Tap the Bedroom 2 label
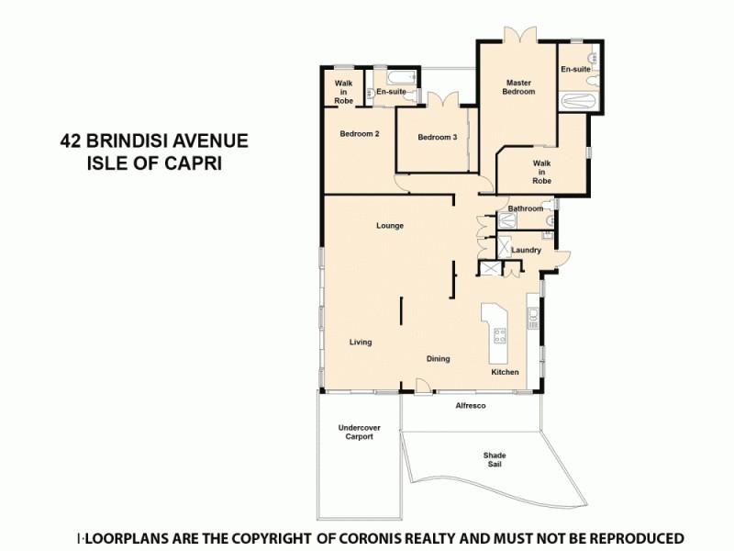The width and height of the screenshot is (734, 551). (360, 134)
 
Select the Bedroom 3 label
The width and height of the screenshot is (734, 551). (437, 138)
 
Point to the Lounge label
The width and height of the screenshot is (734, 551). (390, 226)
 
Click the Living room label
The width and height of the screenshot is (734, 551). (361, 343)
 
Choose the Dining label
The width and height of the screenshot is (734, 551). (438, 358)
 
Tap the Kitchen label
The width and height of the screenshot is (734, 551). (505, 372)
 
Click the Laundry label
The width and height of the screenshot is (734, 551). (526, 250)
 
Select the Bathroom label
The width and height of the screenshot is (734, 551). (526, 208)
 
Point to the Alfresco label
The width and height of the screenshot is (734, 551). (471, 405)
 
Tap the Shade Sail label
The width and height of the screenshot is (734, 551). (495, 460)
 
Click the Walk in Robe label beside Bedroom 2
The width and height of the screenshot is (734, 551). (343, 91)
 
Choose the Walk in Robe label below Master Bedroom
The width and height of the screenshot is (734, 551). (542, 172)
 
